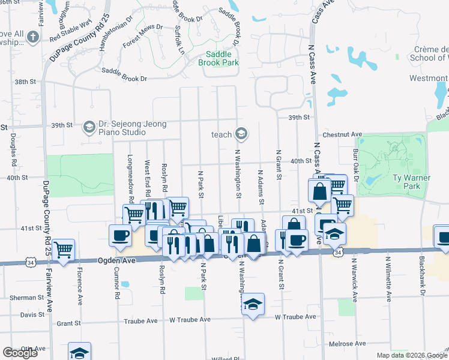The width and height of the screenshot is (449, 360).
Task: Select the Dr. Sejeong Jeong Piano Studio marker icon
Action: click(x=89, y=126)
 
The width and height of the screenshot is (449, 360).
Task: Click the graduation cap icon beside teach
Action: click(x=241, y=133)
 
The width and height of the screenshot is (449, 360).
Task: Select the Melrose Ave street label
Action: click(x=348, y=343)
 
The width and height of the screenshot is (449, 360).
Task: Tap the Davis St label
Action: click(x=28, y=314)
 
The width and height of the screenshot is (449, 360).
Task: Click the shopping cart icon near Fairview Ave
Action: click(x=63, y=248)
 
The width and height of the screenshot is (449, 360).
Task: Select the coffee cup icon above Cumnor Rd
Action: click(x=119, y=235)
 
